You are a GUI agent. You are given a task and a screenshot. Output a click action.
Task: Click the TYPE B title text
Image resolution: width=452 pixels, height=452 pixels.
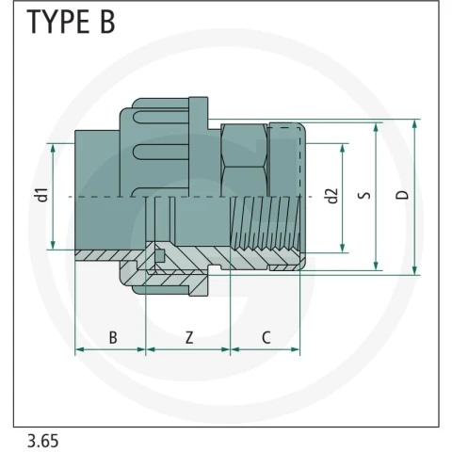(x=71, y=22)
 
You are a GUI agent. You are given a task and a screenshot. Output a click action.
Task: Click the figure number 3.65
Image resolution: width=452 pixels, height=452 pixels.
(x=42, y=441)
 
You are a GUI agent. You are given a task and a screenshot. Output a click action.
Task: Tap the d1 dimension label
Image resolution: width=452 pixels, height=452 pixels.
(x=42, y=195)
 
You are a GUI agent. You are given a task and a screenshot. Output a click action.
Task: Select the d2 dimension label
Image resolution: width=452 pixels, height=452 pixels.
(x=332, y=196)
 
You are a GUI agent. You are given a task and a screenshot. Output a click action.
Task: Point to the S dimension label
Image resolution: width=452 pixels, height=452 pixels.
(x=364, y=195)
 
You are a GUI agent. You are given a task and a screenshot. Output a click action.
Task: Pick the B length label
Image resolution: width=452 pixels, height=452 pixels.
(x=113, y=338)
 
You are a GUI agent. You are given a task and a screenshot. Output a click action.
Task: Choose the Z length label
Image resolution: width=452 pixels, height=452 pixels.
(x=189, y=338)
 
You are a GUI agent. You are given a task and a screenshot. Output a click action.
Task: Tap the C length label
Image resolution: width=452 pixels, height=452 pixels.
(x=266, y=338)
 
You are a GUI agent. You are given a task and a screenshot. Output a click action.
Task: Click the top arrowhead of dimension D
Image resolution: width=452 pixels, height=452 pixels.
(x=414, y=124)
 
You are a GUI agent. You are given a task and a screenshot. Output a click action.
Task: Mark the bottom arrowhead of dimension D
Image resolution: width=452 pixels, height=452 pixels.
(x=414, y=270)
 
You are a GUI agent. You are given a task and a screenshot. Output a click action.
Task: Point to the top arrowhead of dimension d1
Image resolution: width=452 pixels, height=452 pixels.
(x=53, y=148)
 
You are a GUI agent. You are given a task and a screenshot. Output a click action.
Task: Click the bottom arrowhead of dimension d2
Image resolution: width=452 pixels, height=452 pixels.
(x=343, y=248)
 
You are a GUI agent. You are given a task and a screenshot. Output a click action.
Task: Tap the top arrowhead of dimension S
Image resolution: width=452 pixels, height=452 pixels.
(x=376, y=128)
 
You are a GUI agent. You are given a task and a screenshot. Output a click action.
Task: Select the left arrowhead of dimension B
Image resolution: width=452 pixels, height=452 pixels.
(x=80, y=349)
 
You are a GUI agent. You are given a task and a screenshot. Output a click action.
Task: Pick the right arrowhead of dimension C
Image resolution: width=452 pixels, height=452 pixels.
(x=295, y=349)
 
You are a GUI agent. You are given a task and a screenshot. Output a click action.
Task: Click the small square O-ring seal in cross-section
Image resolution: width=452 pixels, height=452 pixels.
(x=160, y=256)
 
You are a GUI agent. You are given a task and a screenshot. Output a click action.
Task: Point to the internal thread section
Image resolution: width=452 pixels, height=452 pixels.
(x=266, y=223)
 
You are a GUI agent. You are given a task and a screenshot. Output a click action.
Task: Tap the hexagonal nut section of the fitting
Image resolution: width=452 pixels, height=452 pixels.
(x=244, y=160)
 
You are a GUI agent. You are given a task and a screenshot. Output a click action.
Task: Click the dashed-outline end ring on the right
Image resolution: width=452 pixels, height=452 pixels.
(x=287, y=160)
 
